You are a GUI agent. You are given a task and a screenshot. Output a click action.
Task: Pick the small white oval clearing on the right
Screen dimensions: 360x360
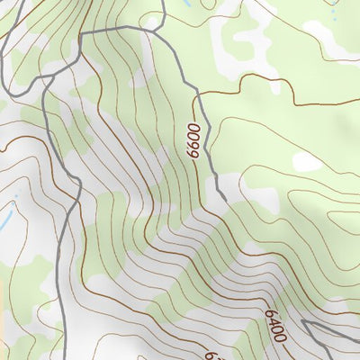[x=307, y=162]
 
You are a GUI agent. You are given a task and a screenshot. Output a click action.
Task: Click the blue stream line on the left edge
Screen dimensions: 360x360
[x=5, y=219]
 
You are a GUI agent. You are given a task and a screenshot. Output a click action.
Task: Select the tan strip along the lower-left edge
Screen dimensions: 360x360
[x=4, y=337]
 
